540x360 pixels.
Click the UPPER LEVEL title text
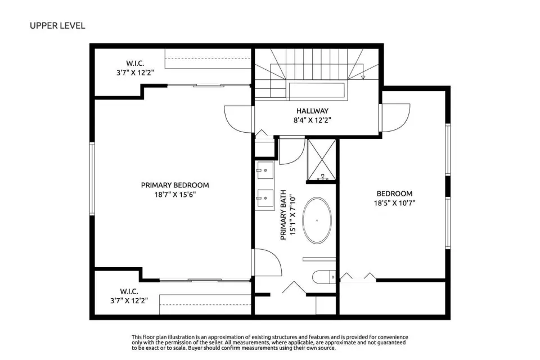click(57, 26)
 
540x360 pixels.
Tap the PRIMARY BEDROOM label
click(175, 185)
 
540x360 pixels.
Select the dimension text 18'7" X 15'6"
click(175, 195)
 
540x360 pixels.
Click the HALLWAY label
click(312, 111)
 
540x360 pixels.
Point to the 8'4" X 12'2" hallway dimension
click(312, 120)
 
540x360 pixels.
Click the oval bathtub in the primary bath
click(317, 220)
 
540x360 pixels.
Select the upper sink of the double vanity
click(265, 170)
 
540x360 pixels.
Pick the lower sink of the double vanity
click(265, 199)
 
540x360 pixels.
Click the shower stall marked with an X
click(321, 160)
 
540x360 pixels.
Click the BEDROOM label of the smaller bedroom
click(394, 193)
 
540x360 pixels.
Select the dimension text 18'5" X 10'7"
click(395, 203)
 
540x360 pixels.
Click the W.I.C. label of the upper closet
click(135, 64)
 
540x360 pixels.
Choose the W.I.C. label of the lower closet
click(129, 291)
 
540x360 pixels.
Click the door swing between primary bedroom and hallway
click(237, 119)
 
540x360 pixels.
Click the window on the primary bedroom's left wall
click(92, 179)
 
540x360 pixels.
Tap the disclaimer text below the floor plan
click(269, 343)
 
